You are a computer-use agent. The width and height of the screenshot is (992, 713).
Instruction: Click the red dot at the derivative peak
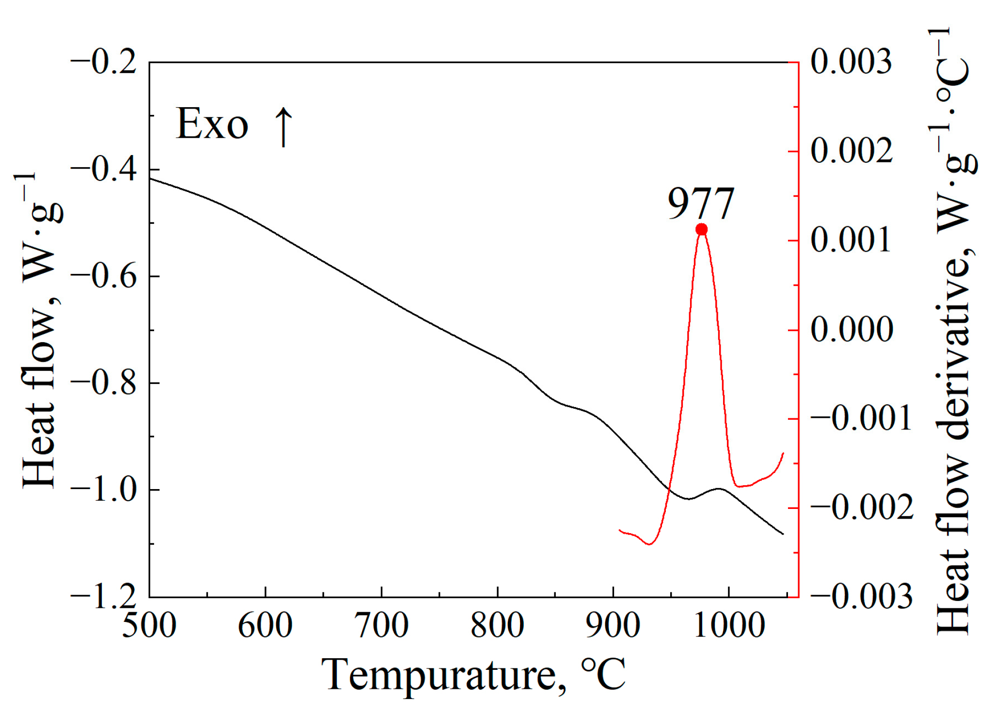[701, 229]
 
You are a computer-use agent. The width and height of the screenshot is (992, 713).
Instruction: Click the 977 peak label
[701, 204]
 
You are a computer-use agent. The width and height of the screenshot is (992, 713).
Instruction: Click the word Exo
[212, 124]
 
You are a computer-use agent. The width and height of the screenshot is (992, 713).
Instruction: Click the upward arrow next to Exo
[283, 127]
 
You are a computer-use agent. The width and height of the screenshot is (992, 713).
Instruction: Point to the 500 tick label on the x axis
[149, 625]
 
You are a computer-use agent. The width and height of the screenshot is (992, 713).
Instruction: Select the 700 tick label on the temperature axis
[381, 625]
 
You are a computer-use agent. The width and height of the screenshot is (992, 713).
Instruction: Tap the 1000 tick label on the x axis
[729, 625]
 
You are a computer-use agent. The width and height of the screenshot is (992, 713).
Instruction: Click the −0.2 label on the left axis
[104, 63]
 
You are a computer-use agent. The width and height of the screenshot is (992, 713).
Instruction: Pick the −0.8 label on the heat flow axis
[104, 383]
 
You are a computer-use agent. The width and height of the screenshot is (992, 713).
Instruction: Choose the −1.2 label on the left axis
[104, 597]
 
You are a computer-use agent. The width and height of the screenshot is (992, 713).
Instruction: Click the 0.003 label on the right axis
[851, 62]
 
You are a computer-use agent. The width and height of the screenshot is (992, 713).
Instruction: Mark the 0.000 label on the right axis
[851, 330]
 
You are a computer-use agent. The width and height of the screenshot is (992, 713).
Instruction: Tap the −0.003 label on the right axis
[861, 596]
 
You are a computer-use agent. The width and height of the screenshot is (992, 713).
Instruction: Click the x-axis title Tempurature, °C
[473, 675]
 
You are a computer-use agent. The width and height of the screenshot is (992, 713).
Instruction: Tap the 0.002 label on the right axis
[851, 151]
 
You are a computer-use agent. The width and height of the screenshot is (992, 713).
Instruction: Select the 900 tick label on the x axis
[613, 625]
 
